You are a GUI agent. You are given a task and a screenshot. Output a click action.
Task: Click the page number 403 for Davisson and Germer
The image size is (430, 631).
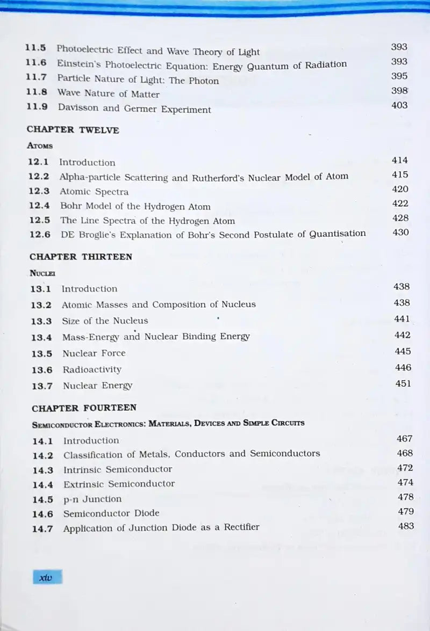[x=399, y=105]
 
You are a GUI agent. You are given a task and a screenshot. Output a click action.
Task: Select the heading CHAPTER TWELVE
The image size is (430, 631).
[x=73, y=130]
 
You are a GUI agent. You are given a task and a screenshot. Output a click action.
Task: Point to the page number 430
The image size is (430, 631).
[x=400, y=233]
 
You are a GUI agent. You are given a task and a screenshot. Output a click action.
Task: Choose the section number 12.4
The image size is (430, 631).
[x=39, y=206]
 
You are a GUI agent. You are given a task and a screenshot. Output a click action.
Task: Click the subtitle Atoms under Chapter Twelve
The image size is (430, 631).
[x=40, y=145]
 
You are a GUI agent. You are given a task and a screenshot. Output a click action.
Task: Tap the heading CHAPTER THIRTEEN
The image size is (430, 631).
[x=81, y=257]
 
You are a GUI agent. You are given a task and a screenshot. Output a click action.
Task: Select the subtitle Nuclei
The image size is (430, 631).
[x=42, y=273]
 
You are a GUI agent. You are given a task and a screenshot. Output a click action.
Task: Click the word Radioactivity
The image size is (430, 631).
[x=92, y=369]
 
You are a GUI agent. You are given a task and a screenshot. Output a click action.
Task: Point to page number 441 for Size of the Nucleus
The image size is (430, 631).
[x=402, y=319]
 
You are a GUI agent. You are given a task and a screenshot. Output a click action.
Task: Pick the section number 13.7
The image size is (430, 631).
[x=42, y=386]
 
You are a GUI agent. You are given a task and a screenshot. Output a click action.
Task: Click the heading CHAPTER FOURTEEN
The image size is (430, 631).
[x=84, y=408]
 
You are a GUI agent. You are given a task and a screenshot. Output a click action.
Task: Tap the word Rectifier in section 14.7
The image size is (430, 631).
[x=236, y=527]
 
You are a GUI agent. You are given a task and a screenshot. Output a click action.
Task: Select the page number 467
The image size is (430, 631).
[x=405, y=439]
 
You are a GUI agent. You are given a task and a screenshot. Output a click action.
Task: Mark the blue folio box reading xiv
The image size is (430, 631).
[x=47, y=577]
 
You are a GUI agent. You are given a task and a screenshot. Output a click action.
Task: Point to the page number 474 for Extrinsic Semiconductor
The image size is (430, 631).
[x=405, y=483]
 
